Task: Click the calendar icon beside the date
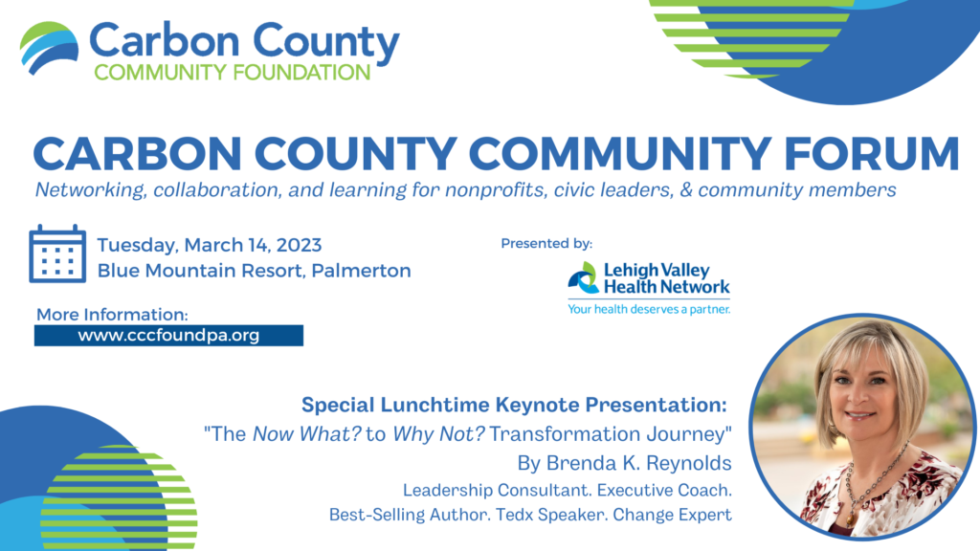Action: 57,253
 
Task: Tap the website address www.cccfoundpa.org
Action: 168,336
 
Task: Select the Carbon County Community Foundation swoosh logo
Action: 50,48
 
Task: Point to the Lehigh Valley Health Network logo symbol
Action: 582,277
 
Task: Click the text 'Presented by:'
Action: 546,244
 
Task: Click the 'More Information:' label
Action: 112,314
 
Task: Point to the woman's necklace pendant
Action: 846,518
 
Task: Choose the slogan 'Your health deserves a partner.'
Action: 648,309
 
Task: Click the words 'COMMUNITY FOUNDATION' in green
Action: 231,73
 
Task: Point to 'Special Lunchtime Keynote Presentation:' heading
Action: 515,404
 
